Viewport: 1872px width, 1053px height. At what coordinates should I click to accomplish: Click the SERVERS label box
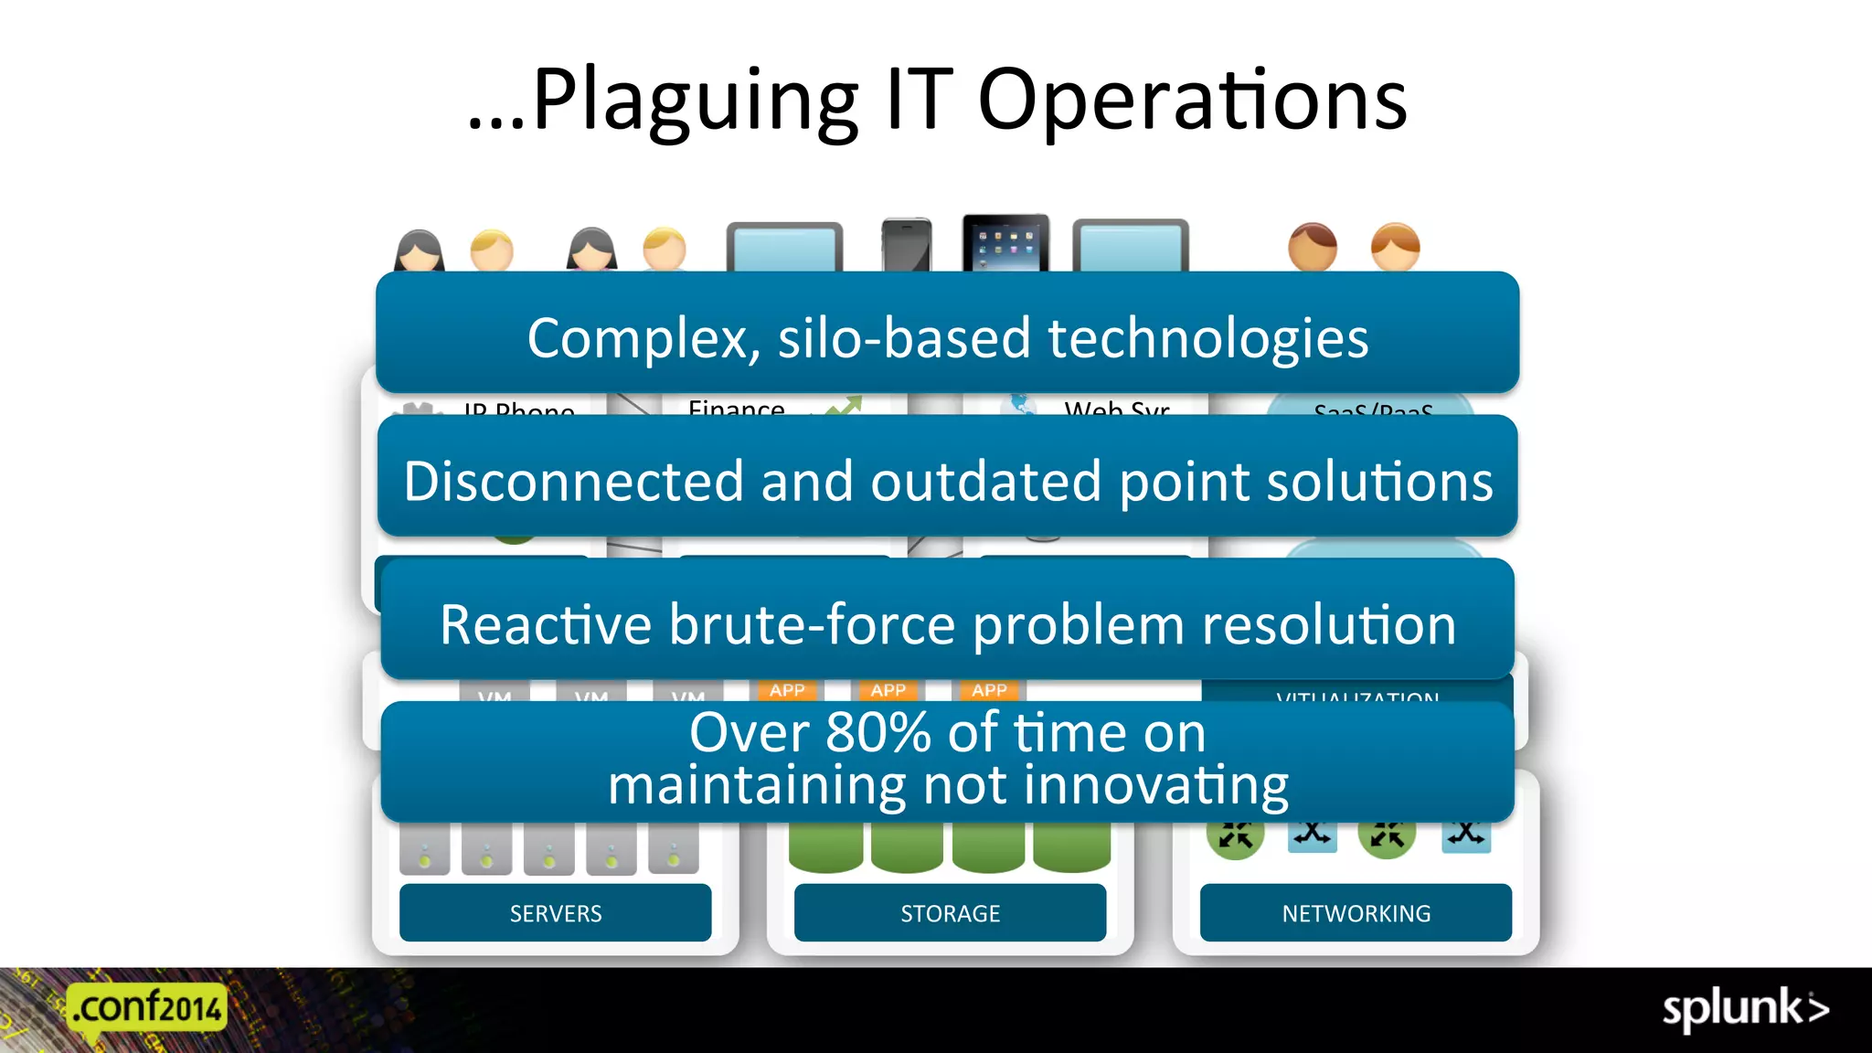(555, 912)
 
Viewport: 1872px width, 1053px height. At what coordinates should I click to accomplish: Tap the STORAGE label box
(950, 912)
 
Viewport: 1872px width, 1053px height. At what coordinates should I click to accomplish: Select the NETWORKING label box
(1356, 912)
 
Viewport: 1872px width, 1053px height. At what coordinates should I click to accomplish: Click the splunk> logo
(1745, 1009)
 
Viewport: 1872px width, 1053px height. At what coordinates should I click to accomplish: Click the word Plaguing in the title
(695, 101)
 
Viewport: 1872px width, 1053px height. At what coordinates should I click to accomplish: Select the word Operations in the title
(1192, 101)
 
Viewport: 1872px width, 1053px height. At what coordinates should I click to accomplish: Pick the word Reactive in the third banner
(546, 625)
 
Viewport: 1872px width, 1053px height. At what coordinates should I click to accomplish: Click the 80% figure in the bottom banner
(877, 733)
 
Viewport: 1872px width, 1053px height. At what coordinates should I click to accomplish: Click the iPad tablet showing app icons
(1005, 243)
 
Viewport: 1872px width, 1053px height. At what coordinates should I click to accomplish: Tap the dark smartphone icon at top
(907, 245)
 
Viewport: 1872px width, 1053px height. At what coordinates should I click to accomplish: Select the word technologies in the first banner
(1207, 338)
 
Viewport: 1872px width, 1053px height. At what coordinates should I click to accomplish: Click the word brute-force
(813, 625)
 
